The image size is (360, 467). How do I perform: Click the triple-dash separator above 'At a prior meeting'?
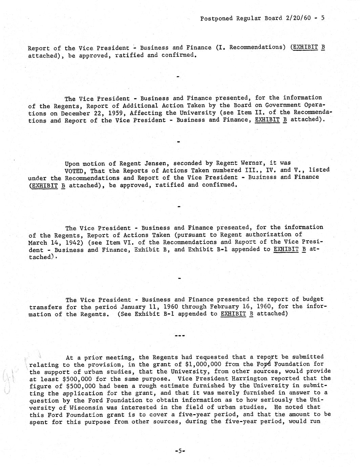pos(179,336)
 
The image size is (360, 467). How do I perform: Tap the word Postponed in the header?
pos(216,18)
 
